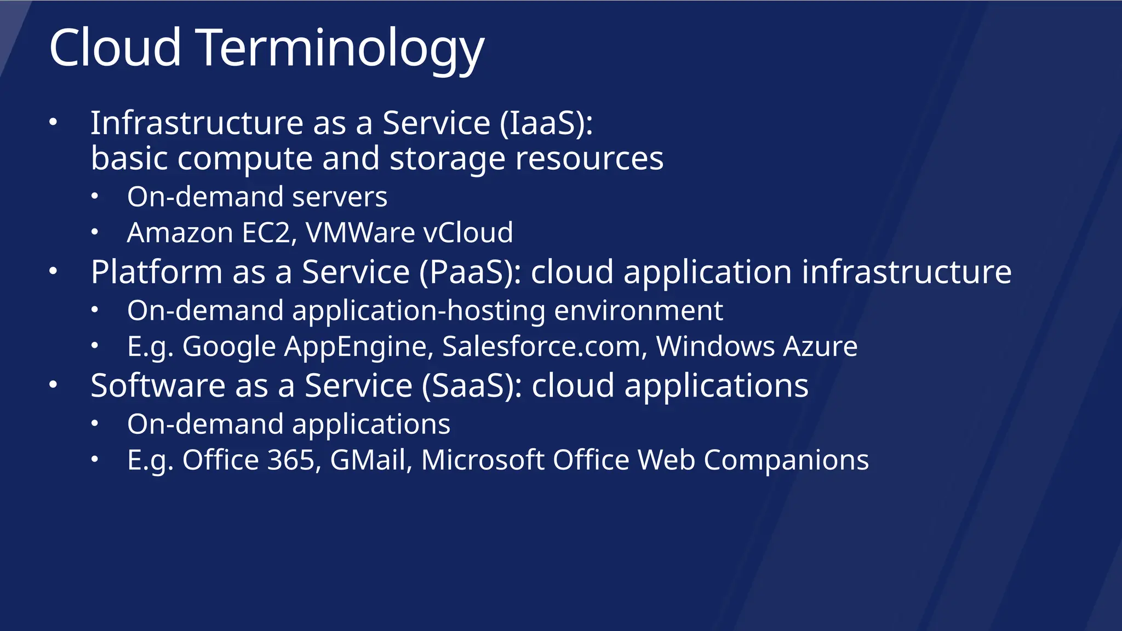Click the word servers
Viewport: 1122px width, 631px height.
click(x=340, y=197)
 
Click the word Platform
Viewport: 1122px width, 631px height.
click(x=156, y=272)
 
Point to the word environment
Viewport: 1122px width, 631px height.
click(x=638, y=311)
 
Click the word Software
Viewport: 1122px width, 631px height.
click(x=158, y=386)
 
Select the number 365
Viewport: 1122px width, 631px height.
click(x=290, y=460)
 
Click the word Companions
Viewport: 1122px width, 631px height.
click(x=786, y=460)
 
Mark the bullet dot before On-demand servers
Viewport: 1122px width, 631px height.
click(x=95, y=197)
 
